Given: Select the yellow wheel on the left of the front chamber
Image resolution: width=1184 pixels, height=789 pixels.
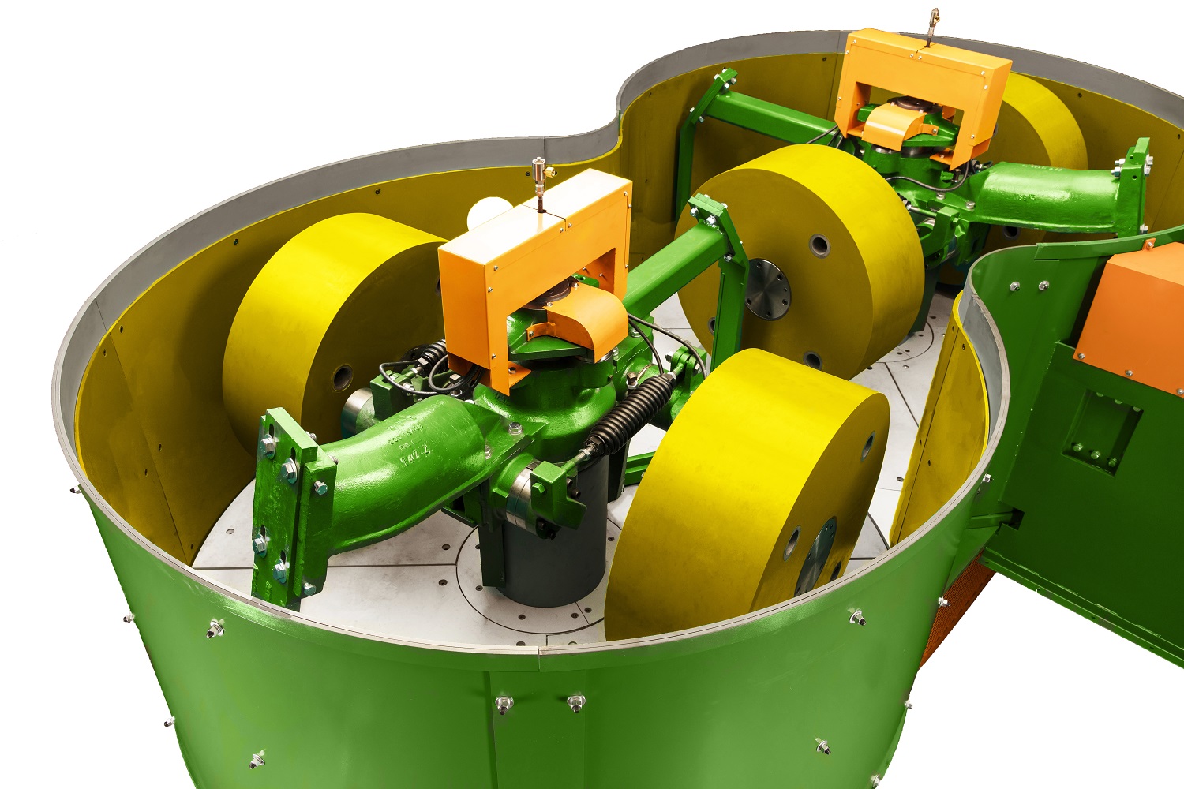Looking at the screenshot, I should click(x=316, y=316).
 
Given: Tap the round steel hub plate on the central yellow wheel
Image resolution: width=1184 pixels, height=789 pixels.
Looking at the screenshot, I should click(x=767, y=290).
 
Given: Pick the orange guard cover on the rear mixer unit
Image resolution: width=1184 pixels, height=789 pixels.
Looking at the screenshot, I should click(x=924, y=79).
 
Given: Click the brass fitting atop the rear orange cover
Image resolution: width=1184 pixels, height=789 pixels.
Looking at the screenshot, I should click(x=934, y=19).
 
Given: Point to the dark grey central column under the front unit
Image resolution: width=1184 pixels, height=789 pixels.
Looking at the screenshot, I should click(x=545, y=552).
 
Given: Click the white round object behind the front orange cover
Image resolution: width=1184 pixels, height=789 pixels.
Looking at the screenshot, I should click(x=485, y=213).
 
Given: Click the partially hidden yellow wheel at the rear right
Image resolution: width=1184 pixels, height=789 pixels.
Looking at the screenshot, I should click(x=1042, y=126).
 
